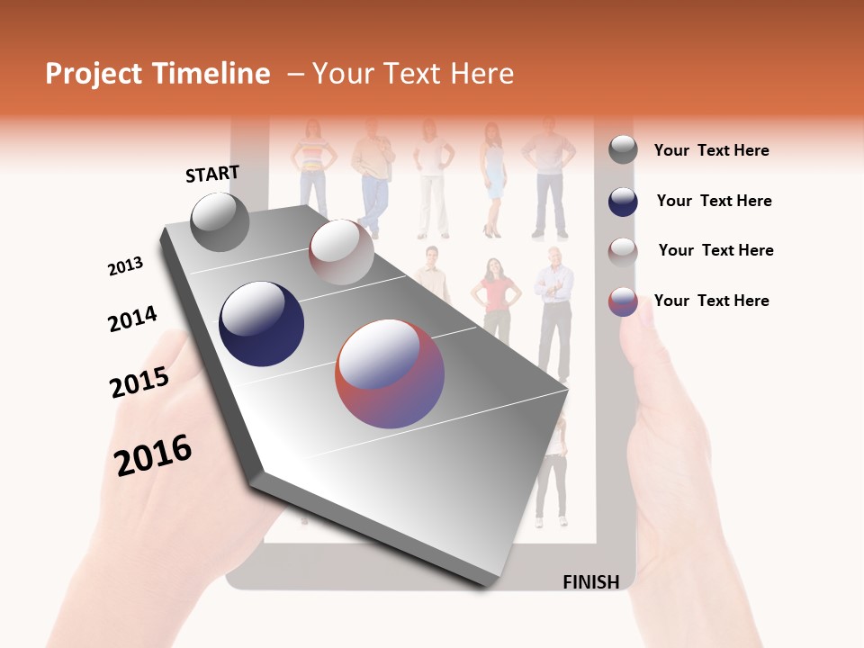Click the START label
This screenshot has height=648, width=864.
pos(212,174)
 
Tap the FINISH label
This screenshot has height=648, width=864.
pos(590,581)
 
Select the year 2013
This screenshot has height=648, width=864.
pos(125,266)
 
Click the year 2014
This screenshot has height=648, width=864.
pos(132,319)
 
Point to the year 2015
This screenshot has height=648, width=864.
pos(139,382)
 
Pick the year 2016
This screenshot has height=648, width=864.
pos(154,454)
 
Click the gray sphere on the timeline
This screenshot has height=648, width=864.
pos(220,221)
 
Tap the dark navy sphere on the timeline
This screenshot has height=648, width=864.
pos(261,324)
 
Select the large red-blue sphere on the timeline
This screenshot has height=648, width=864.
pos(390,373)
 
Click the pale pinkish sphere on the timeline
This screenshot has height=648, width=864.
pos(341,252)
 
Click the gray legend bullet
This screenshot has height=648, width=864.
pos(623,150)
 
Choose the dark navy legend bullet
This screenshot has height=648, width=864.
pos(623,202)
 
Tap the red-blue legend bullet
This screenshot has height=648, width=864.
pos(623,301)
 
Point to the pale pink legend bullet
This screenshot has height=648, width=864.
pos(623,251)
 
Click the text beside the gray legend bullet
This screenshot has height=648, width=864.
pos(711,150)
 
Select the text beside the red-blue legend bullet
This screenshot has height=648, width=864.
pos(711,301)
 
